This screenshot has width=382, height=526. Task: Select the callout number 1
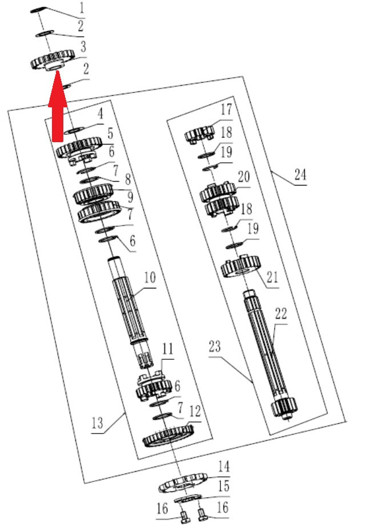pos(82,9)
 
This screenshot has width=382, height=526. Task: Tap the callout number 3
pos(83,47)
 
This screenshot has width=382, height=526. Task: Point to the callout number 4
pos(100,114)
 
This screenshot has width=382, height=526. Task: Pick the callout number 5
pos(110,134)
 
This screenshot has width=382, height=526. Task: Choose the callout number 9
pos(130,197)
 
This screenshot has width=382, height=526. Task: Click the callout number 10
pos(150,278)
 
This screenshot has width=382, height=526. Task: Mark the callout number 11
pos(168,349)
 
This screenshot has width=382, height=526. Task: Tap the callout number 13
pos(97,423)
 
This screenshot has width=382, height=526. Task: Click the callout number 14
pos(224,467)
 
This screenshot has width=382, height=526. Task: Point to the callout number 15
pos(224,486)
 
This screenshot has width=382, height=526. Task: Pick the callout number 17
pos(226,109)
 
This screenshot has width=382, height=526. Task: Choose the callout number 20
pos(244,177)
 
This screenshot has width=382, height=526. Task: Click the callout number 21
pos(272,278)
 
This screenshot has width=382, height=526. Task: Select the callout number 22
pos(281,314)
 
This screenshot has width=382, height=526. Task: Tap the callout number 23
pos(215,347)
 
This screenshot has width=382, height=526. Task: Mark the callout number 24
pos(300,174)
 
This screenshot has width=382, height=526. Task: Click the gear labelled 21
pos(240,266)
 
